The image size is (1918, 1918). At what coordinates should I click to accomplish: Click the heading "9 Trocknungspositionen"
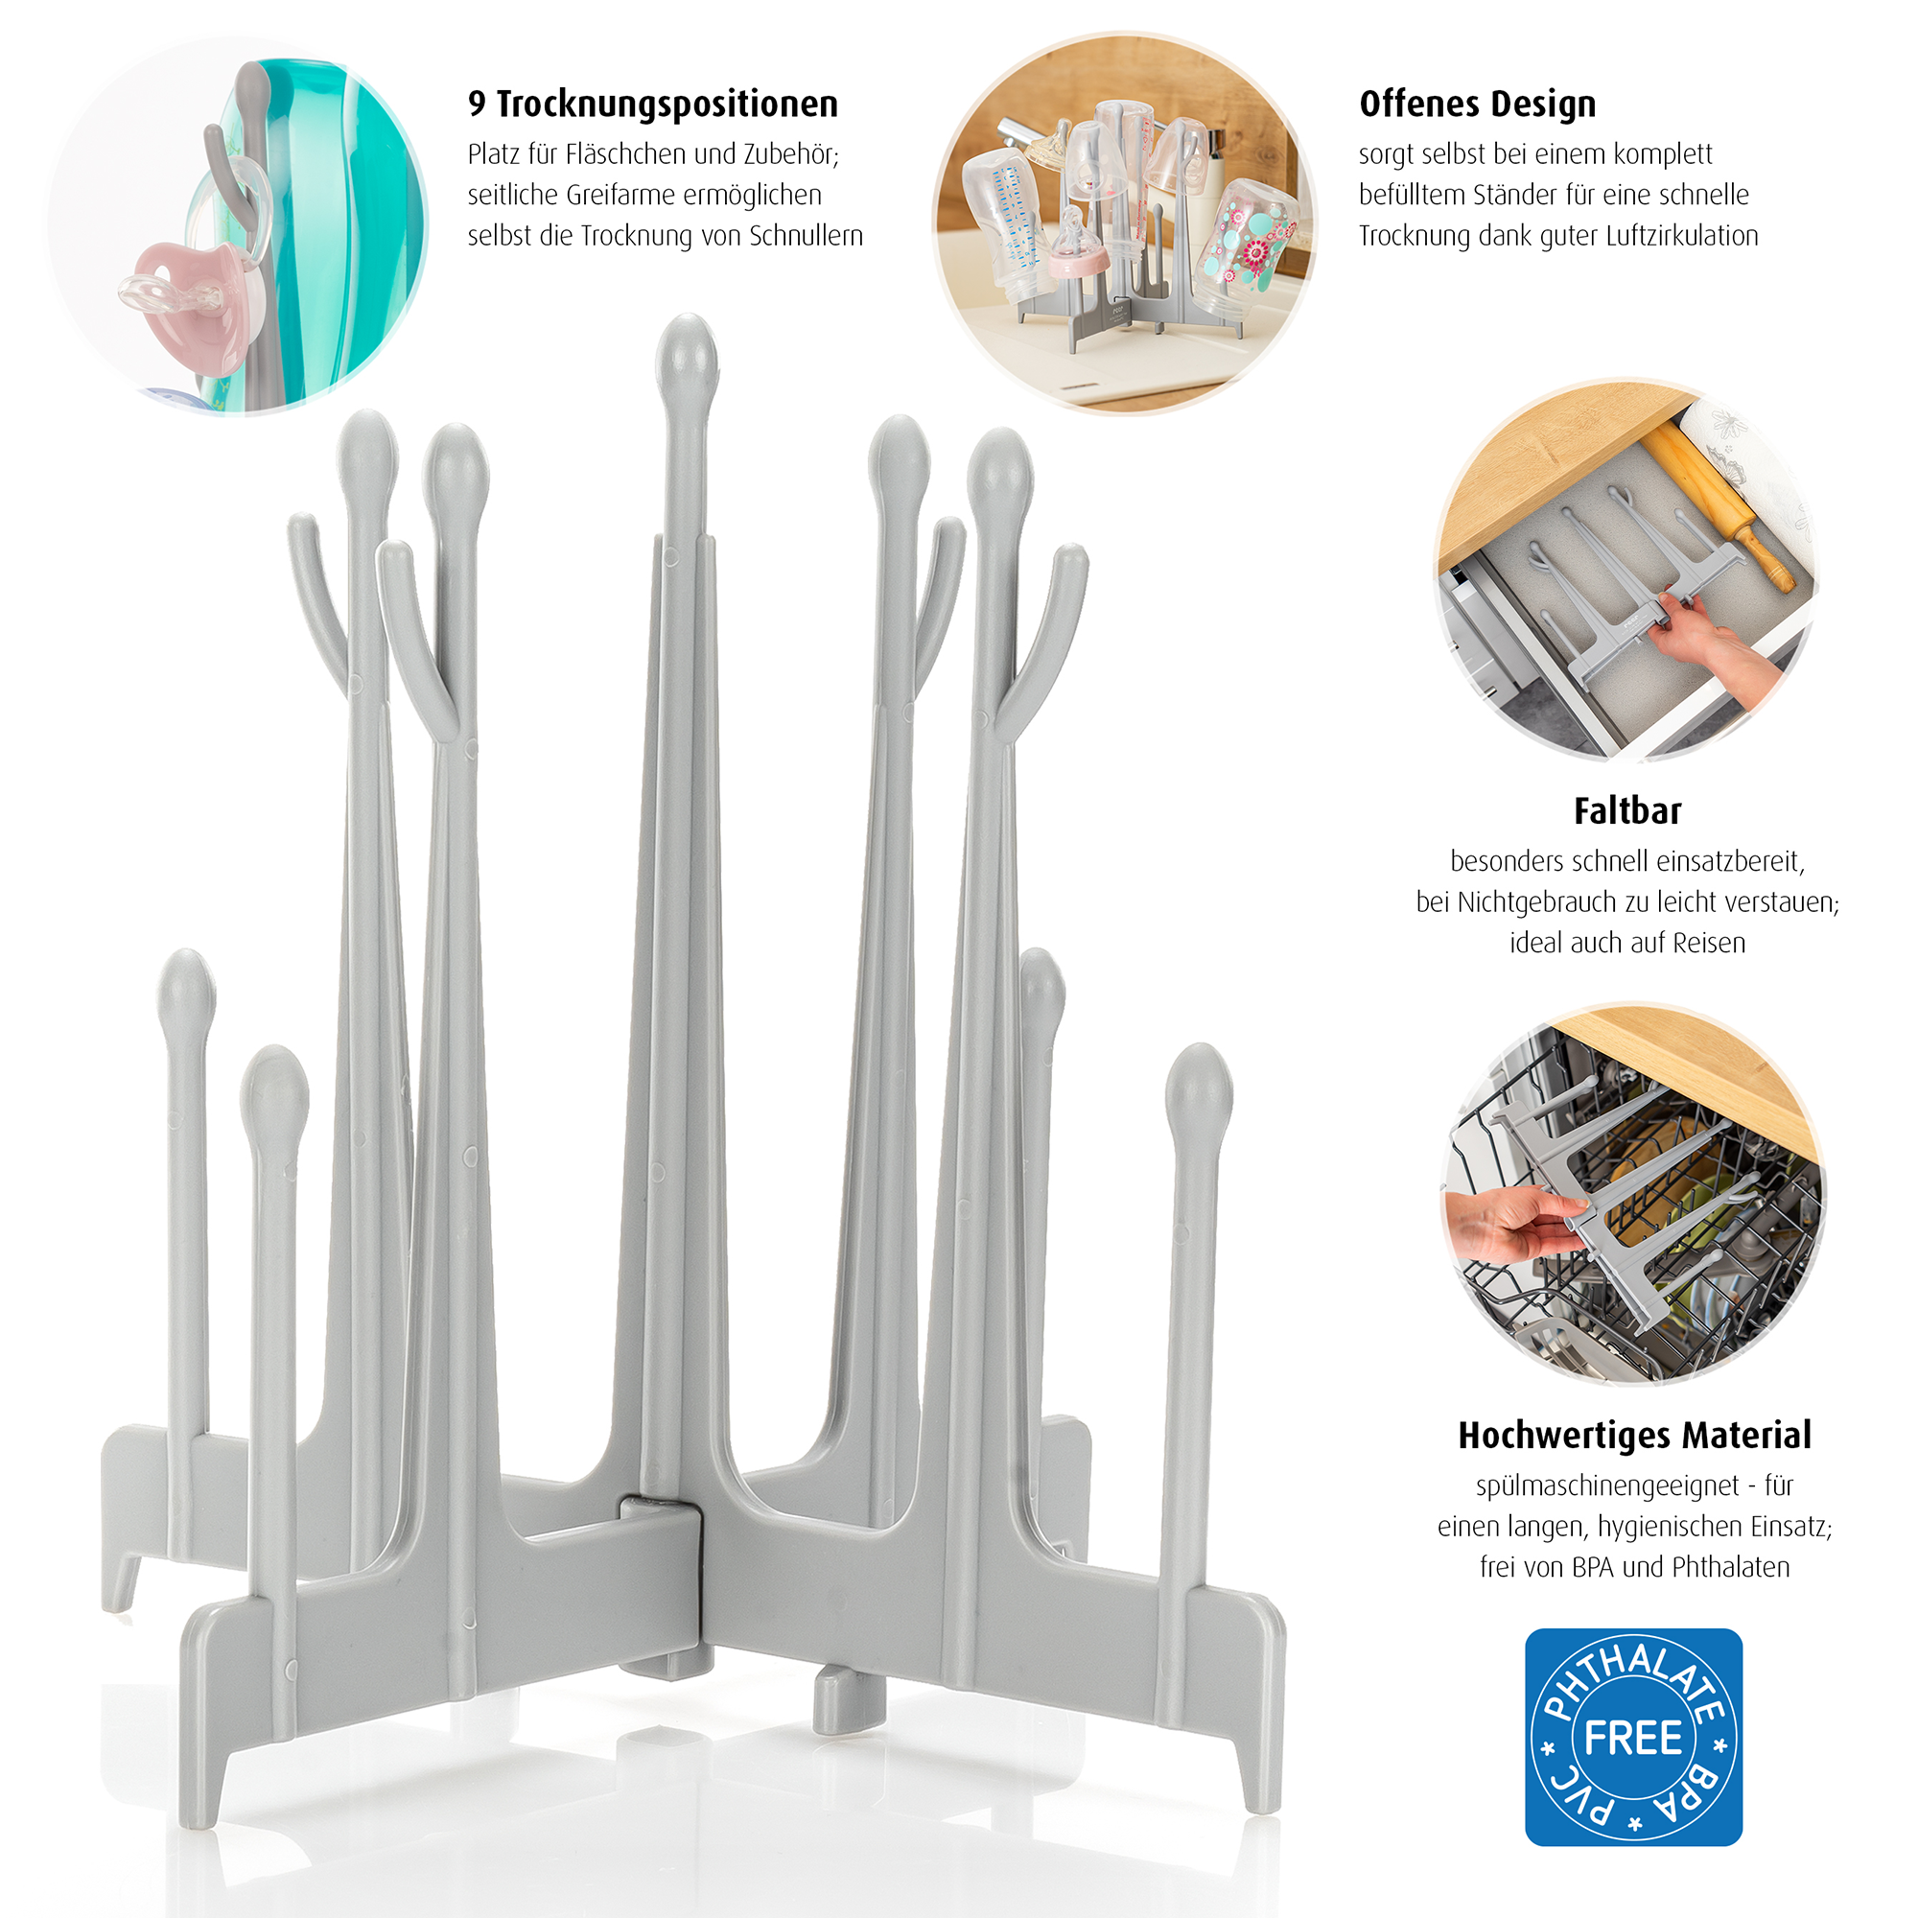(x=653, y=105)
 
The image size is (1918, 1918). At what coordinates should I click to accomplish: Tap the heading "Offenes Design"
(x=1477, y=105)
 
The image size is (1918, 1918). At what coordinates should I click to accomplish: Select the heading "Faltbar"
(x=1627, y=811)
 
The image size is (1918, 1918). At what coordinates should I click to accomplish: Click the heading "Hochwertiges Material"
(x=1634, y=1437)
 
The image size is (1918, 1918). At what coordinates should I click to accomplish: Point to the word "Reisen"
(x=1709, y=943)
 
